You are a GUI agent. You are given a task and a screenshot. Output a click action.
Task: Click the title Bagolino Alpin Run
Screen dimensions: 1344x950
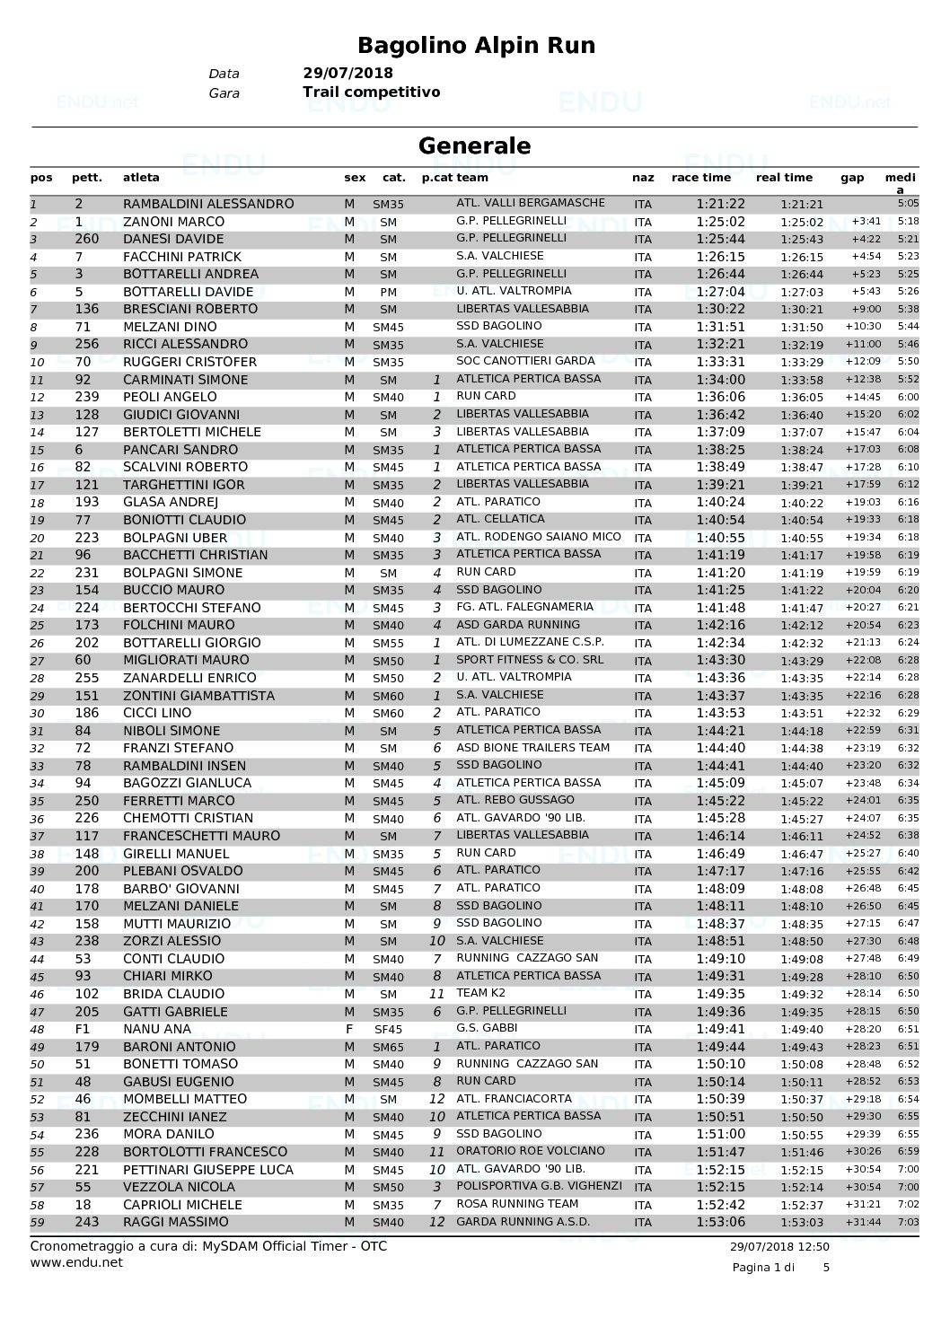pyautogui.click(x=475, y=45)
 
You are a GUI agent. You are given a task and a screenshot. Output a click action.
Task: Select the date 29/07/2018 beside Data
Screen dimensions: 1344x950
pyautogui.click(x=347, y=74)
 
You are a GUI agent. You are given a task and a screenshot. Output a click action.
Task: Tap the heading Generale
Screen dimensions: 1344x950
pyautogui.click(x=474, y=145)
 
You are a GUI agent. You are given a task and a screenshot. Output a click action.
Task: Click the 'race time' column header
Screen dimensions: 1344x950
pyautogui.click(x=700, y=178)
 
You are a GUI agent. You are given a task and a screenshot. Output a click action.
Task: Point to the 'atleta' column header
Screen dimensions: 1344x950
pyautogui.click(x=141, y=178)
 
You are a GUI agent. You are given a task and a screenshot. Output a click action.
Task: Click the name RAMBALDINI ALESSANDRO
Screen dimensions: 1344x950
pyautogui.click(x=207, y=204)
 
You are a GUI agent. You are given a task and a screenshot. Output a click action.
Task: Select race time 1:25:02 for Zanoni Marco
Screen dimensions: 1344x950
pyautogui.click(x=720, y=222)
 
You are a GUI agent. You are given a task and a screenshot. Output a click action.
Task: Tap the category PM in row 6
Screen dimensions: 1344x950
pyautogui.click(x=388, y=292)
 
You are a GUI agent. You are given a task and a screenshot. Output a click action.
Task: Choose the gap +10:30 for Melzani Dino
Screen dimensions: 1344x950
pyautogui.click(x=863, y=327)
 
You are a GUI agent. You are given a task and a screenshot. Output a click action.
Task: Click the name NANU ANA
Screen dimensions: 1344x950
pyautogui.click(x=157, y=1029)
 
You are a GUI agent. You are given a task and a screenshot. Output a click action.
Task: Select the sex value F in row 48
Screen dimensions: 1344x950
pyautogui.click(x=349, y=1029)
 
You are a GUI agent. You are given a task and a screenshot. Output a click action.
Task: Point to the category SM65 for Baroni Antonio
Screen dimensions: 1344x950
pyautogui.click(x=388, y=1048)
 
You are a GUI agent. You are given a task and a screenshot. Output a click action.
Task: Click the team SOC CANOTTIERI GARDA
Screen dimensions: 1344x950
pyautogui.click(x=525, y=361)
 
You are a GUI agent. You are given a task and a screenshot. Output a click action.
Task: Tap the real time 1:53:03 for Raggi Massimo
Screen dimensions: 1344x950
pyautogui.click(x=802, y=1223)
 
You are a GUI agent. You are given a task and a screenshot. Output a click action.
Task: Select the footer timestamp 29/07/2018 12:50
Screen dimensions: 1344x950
pyautogui.click(x=779, y=1246)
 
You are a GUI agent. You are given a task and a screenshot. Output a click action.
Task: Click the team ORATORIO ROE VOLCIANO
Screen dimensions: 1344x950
pyautogui.click(x=530, y=1151)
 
